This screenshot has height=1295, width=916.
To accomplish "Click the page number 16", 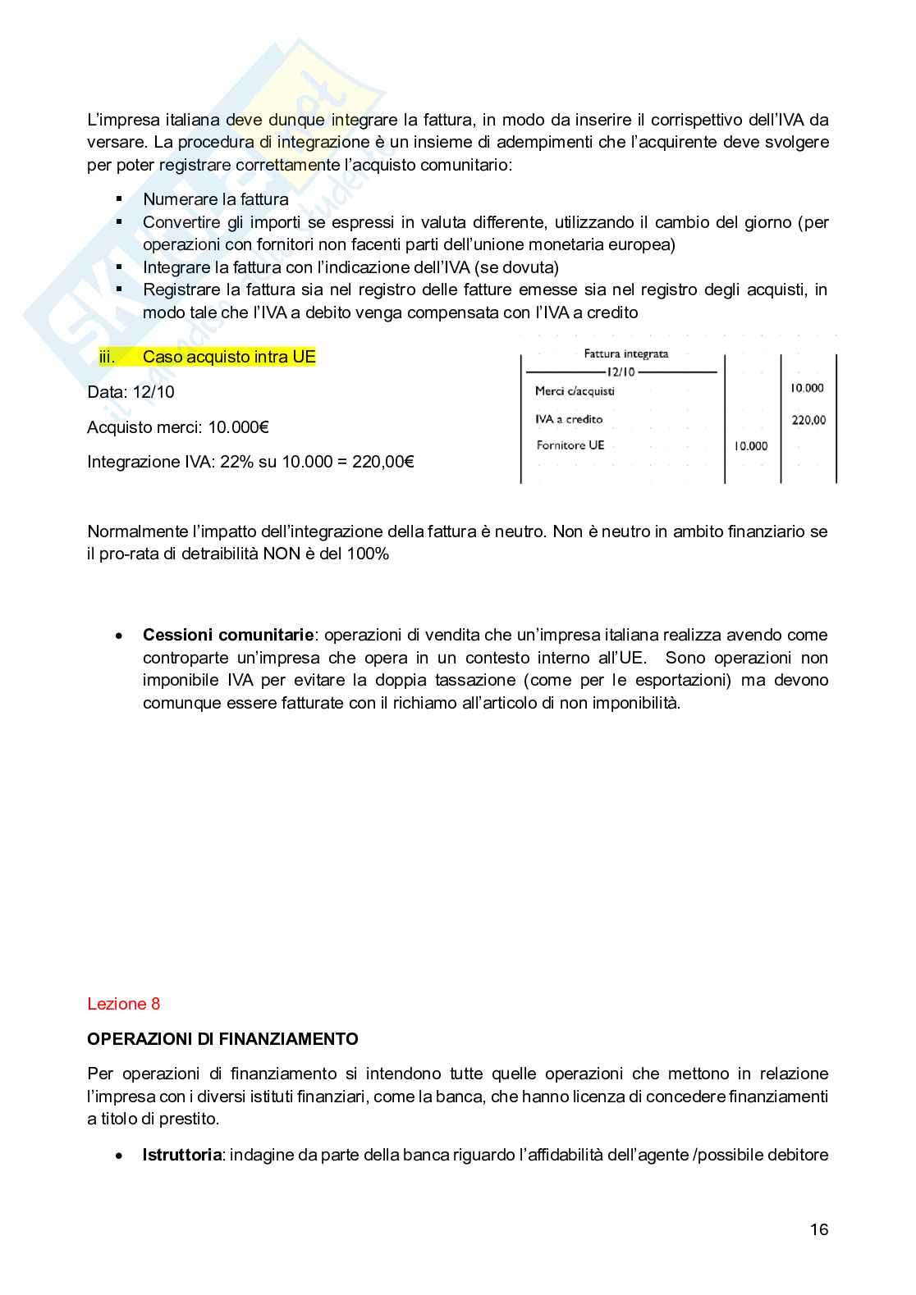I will coord(818,1229).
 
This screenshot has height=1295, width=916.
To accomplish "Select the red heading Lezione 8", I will coord(123,1004).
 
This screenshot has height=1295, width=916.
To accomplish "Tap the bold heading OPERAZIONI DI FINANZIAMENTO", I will coord(222,1039).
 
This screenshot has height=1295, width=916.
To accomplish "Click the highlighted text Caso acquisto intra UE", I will coord(229,357).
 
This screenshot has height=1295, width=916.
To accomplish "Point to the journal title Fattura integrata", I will coord(625,353).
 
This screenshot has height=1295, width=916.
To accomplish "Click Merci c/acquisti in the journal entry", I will coord(575,391).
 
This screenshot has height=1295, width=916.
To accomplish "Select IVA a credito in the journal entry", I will coord(569,419).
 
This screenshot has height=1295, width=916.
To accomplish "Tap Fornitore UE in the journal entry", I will coord(570,445).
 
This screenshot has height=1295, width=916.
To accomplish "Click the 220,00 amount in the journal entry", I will coord(808,420).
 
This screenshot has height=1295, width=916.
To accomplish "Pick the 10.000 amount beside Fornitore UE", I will coord(750,446).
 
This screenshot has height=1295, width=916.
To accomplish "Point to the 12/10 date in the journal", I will coord(621,372).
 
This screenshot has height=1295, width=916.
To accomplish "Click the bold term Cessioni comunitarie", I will coord(227,635).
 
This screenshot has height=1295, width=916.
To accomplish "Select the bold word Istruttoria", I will coord(181,1155).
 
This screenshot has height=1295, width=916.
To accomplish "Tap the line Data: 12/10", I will coord(131,392).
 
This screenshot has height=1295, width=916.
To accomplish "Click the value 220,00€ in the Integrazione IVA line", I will coord(382,462).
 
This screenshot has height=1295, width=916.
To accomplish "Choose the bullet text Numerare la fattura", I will coord(215,199).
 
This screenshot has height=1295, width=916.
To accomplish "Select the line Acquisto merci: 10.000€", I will coord(178,427).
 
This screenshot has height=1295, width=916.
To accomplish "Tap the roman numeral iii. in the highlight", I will coord(107,357).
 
